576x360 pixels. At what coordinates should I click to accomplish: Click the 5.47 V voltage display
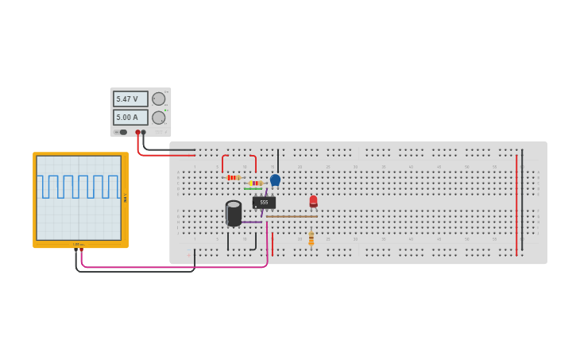pos(130,99)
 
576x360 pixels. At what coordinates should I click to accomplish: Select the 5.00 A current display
pos(130,118)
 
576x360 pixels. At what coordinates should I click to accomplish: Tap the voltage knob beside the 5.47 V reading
pos(159,99)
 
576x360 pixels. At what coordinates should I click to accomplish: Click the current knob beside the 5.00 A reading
pos(159,118)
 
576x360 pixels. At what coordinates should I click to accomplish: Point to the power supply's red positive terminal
pos(137,133)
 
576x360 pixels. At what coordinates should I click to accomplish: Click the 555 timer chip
pos(264,203)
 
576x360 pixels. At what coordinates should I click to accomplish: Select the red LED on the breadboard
pos(313,201)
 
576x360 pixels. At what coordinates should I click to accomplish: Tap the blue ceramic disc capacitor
pos(275,180)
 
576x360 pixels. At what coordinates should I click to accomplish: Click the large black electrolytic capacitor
pos(234,213)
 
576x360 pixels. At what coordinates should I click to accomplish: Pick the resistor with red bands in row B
pos(233,177)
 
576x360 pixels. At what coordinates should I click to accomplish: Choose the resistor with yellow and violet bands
pos(254,183)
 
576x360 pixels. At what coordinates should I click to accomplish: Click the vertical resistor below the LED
pos(311,238)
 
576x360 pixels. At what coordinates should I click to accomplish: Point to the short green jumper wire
pos(253,188)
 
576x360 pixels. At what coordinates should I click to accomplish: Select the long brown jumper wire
pos(292,216)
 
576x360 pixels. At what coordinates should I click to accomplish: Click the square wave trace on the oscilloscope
pos(78,187)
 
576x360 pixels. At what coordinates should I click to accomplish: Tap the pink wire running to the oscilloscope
pos(175,267)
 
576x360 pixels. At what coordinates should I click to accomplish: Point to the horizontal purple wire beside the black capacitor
pos(252,222)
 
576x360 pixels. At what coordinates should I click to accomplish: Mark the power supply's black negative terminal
pos(144,133)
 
